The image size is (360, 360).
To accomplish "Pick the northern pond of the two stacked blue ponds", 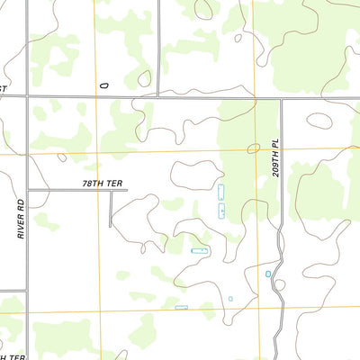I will click(221, 192).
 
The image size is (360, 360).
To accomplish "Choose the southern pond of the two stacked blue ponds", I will click(221, 211).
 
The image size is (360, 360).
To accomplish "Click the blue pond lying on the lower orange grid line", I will click(181, 308).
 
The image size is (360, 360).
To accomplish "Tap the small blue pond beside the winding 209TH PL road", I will click(268, 274).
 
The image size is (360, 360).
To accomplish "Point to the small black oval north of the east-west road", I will click(103, 85).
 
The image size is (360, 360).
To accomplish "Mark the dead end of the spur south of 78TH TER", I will click(111, 226).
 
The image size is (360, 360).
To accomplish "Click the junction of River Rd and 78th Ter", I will click(28, 190).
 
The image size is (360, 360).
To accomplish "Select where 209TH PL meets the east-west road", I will click(282, 98).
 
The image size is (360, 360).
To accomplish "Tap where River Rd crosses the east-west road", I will click(28, 94).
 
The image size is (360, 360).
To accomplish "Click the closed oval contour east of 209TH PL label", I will click(319, 119).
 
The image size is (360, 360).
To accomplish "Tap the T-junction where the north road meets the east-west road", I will click(160, 94).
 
